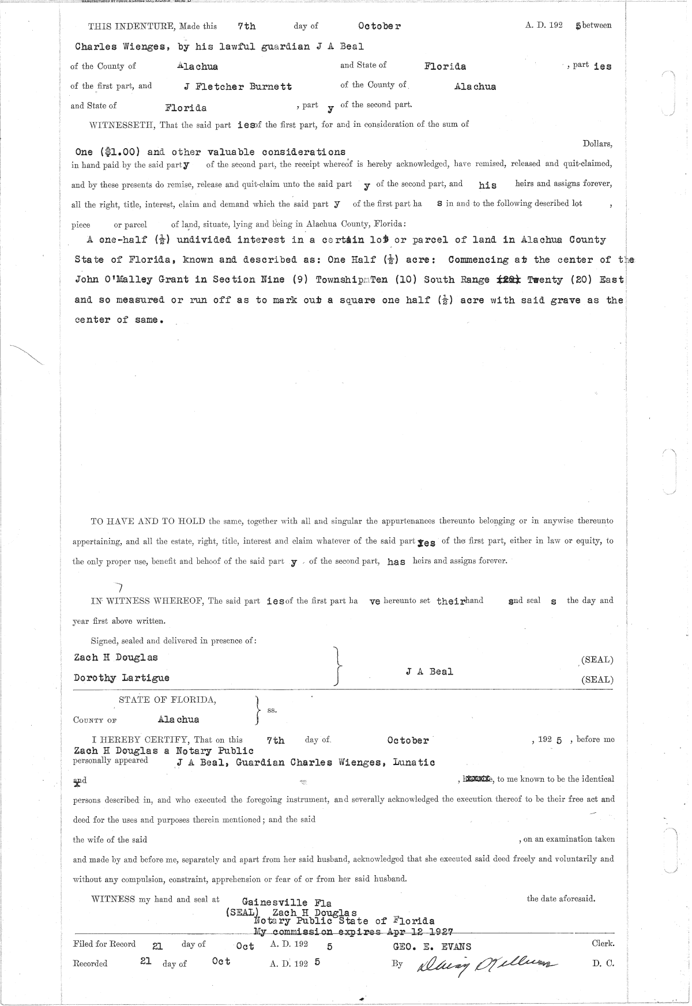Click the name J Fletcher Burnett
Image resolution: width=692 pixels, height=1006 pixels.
pos(238,86)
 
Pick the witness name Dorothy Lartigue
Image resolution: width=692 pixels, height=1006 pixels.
pos(122,678)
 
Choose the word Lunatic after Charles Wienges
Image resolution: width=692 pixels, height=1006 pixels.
pos(413,762)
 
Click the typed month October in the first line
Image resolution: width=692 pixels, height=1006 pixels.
pos(379,26)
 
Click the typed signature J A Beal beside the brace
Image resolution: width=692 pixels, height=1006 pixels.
pos(429,672)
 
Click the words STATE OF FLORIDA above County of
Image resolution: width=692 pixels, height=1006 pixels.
pos(168,700)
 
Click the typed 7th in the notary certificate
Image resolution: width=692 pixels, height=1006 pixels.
pos(276,740)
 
